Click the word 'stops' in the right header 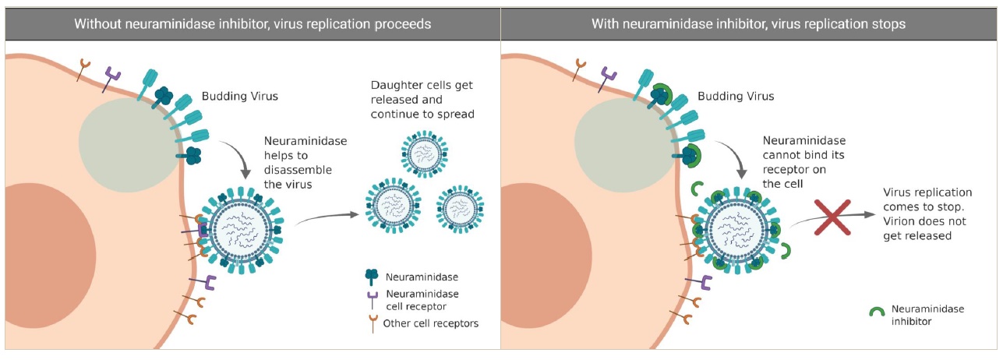(x=889, y=23)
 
